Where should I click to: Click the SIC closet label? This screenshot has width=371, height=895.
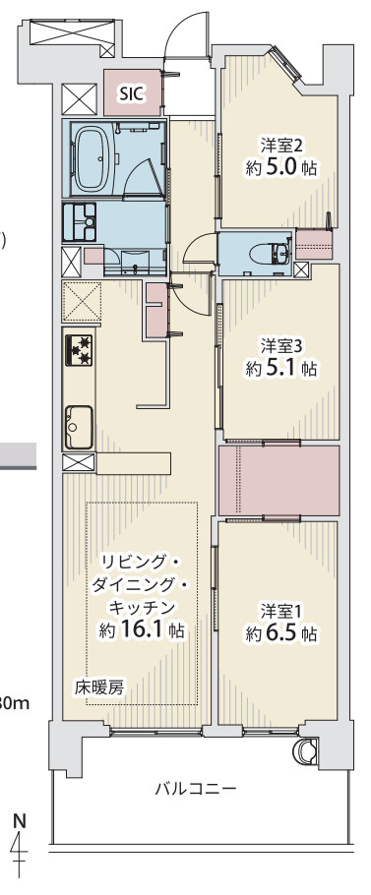(x=131, y=93)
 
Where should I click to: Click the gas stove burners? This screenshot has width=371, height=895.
(x=79, y=348)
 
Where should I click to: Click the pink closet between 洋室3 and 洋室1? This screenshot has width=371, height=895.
(x=278, y=480)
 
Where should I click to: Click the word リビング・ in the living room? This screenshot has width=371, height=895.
(x=142, y=562)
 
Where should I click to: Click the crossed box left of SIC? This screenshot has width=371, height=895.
(x=79, y=98)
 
